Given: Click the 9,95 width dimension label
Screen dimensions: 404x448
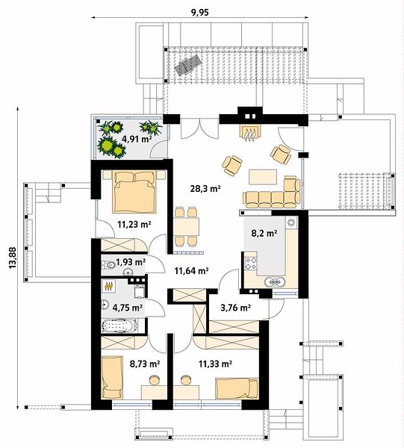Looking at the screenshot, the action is tap(200, 13).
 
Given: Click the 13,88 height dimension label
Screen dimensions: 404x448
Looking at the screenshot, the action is tap(12, 258).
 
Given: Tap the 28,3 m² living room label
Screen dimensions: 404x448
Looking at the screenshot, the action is tap(205, 188).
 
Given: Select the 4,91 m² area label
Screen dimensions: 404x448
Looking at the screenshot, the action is tap(137, 139).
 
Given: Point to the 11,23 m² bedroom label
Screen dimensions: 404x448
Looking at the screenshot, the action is tap(134, 224).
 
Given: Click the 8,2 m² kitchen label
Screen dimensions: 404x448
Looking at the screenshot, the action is tap(264, 234).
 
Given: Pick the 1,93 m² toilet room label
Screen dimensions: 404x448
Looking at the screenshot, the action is tap(131, 261).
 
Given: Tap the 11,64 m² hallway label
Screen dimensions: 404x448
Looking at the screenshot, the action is tap(191, 270).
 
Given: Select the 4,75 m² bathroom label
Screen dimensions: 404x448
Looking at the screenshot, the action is tap(128, 308).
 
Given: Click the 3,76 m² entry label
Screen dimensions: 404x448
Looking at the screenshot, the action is tap(236, 308).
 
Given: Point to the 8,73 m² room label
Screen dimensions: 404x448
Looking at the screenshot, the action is tap(145, 364).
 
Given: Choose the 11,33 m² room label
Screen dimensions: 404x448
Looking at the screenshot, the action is tap(215, 364).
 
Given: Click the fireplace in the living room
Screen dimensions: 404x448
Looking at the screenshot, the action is tap(250, 133).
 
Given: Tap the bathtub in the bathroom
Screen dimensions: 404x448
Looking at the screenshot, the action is tap(119, 326).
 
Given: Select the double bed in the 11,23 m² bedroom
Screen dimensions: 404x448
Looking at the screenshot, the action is tap(135, 191).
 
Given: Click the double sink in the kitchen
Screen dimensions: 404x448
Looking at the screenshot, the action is tap(275, 282).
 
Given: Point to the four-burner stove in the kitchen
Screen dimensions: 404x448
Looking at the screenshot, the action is tap(251, 264).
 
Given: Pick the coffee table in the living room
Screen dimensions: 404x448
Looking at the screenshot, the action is tap(263, 177).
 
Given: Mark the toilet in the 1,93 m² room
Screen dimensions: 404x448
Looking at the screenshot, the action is tap(108, 265).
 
